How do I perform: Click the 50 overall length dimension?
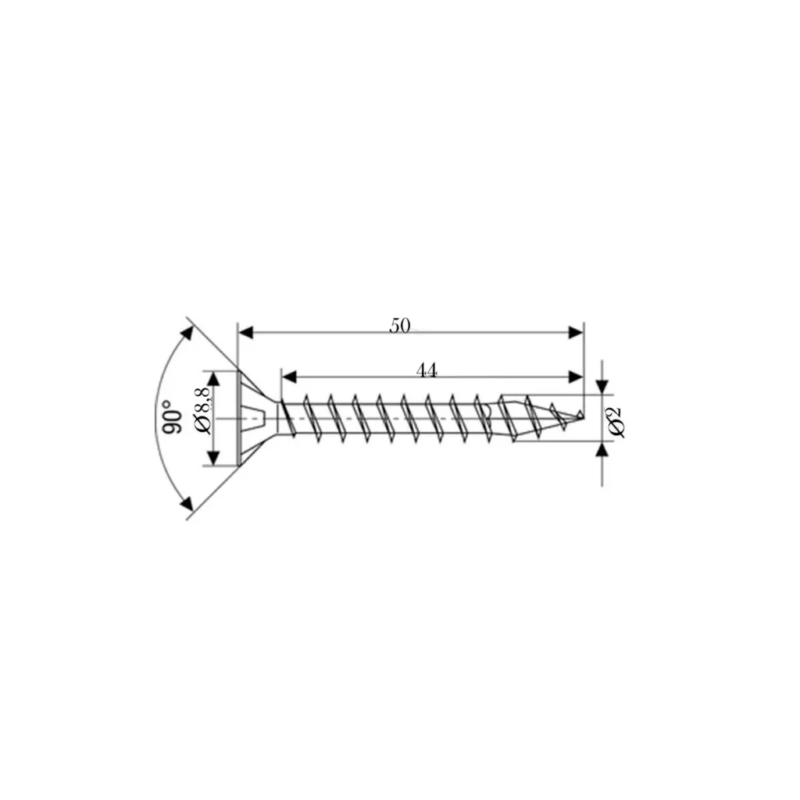[400, 326]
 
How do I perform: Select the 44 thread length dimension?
[426, 371]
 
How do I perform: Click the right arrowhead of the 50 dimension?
[576, 332]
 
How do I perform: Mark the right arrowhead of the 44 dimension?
[576, 377]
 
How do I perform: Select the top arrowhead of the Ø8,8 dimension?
[213, 378]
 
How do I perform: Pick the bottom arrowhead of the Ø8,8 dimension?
[213, 459]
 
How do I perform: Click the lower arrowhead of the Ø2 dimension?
[602, 450]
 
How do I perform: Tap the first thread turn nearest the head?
[286, 417]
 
